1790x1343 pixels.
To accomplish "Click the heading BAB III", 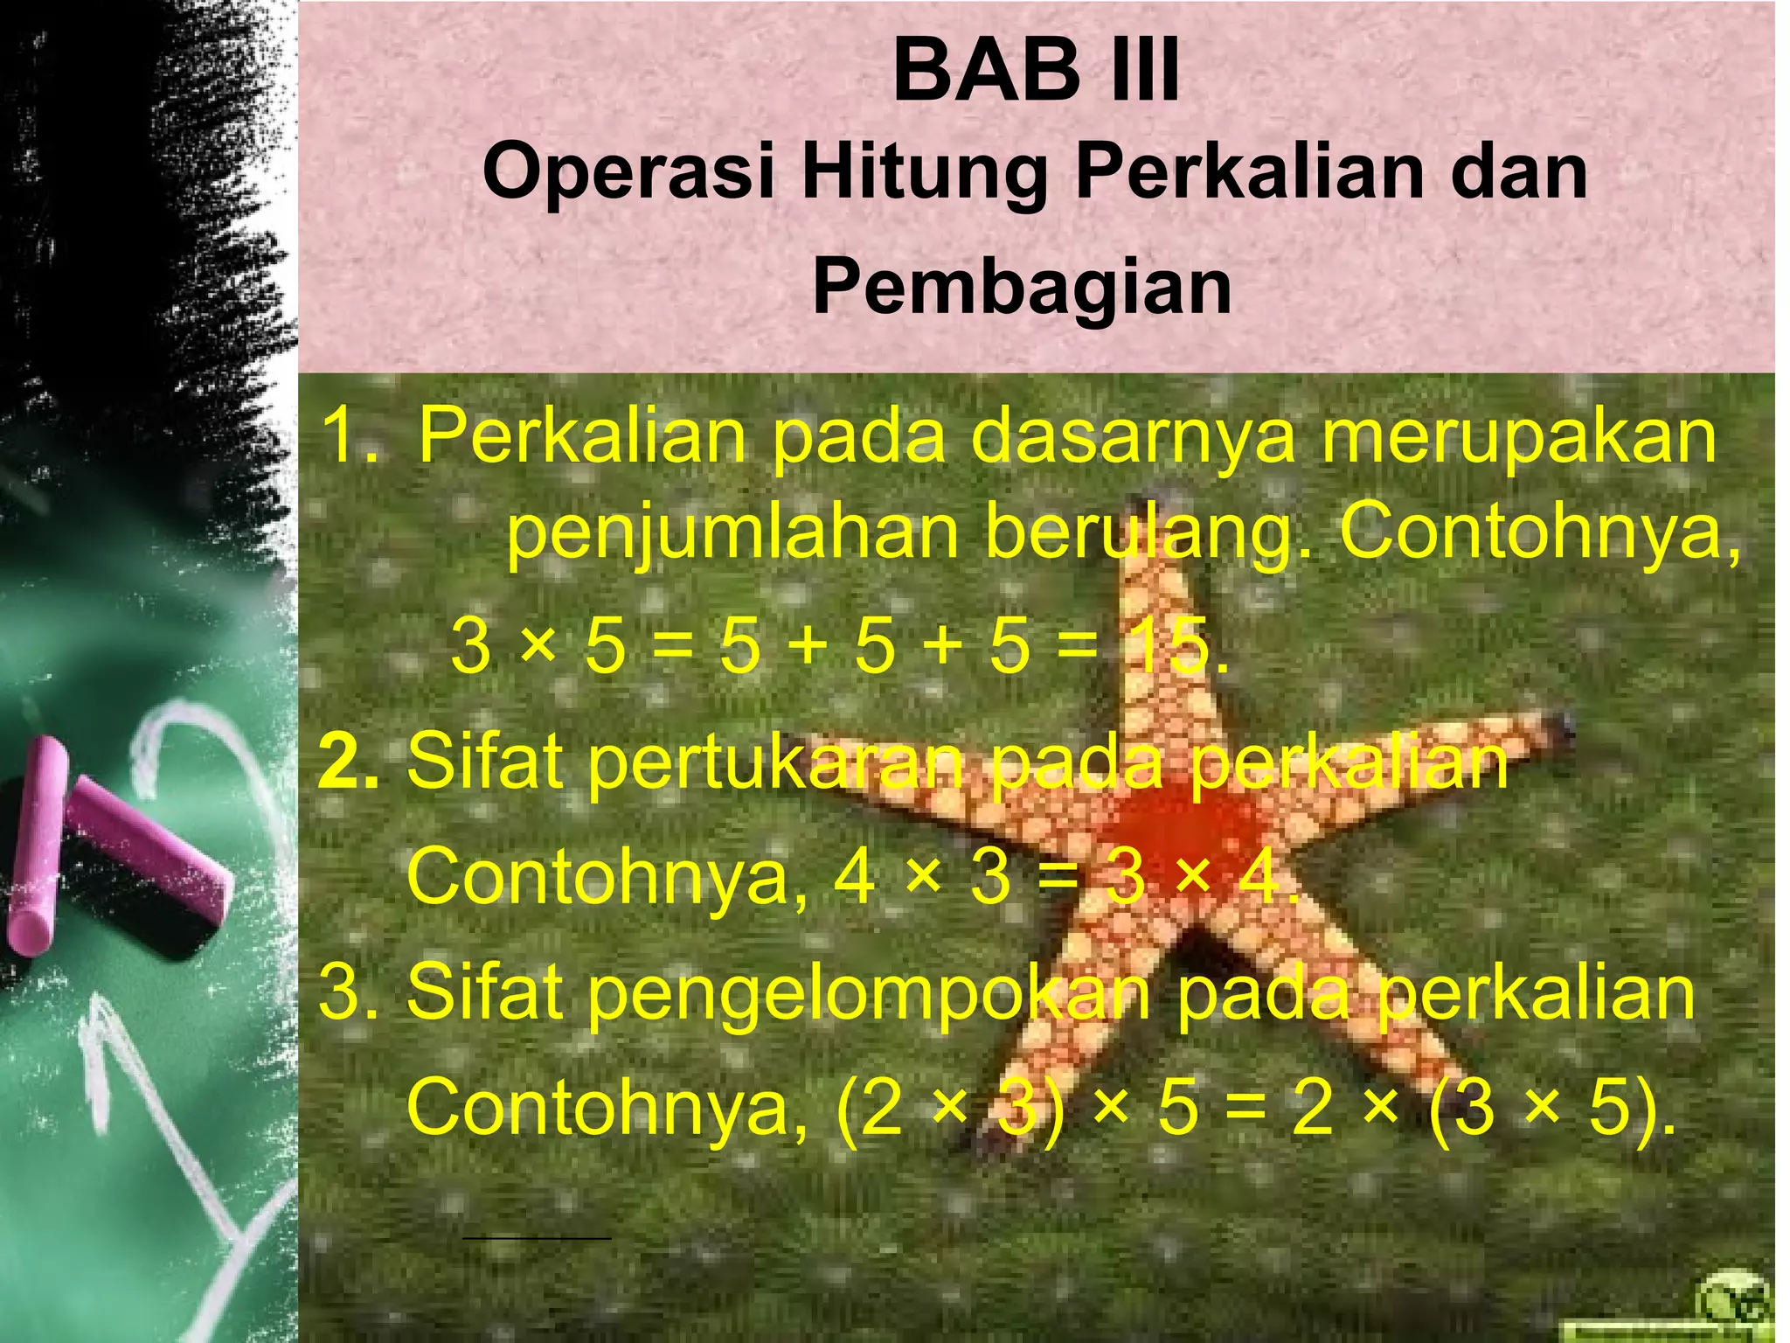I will click(1036, 72).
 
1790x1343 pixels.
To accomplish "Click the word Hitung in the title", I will click(925, 174).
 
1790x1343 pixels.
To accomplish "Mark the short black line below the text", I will click(536, 1238).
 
